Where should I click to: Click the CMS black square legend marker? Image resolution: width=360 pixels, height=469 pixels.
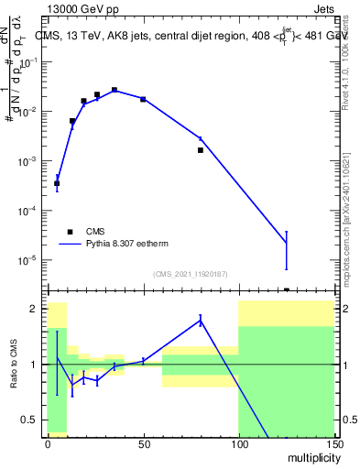[x=70, y=232]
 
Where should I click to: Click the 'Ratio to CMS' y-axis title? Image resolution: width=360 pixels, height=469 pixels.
[x=16, y=365]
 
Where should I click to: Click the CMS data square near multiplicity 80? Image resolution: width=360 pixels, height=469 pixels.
[x=200, y=149]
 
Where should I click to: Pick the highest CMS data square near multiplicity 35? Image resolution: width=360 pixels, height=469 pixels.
[x=115, y=90]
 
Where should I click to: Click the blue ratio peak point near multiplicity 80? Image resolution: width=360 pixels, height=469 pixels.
[x=200, y=320]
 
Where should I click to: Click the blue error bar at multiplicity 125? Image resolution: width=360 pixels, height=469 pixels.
[x=286, y=249]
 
